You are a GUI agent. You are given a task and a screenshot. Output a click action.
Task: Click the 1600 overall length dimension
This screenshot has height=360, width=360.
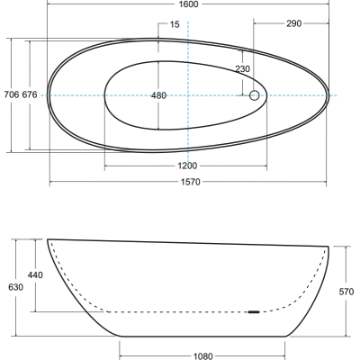coord(189,4)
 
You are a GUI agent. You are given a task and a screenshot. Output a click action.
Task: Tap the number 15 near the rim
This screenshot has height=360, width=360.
coord(175,24)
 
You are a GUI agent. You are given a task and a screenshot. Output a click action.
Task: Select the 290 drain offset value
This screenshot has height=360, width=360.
coord(293,23)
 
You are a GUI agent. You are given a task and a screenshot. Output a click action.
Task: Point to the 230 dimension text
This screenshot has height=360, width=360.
coord(242,69)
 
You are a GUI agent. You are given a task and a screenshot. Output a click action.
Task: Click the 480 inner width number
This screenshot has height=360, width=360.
coord(158,95)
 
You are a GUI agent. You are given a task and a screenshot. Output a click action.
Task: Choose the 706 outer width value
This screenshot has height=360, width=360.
coord(12,94)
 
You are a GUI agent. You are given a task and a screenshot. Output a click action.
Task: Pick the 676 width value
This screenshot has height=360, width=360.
coord(30,94)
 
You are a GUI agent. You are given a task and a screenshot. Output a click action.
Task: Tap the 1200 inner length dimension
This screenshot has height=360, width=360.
coord(187,166)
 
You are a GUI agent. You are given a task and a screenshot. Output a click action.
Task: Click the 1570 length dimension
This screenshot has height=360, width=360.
coord(190,182)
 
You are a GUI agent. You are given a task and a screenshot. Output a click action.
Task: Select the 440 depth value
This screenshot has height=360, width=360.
coord(35,274)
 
